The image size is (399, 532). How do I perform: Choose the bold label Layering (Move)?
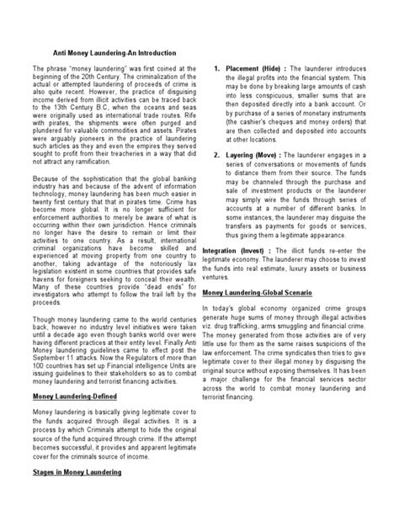tap(253, 156)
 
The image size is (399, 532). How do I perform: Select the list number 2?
tap(218, 156)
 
